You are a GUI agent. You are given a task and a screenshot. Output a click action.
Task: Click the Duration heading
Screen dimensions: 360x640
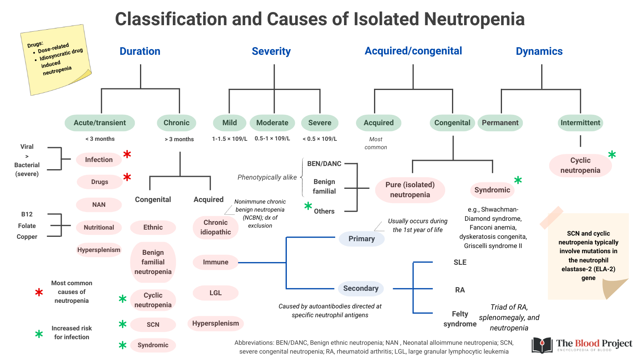point(140,51)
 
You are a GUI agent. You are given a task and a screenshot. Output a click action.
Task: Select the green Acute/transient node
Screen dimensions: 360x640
point(100,123)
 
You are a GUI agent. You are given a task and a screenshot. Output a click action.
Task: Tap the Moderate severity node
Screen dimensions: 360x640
point(272,123)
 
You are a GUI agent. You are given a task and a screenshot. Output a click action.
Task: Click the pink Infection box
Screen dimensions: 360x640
point(99,160)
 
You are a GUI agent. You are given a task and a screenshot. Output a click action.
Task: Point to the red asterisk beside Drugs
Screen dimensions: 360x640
point(127,177)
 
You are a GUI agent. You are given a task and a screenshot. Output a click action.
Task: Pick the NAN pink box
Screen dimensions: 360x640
point(99,204)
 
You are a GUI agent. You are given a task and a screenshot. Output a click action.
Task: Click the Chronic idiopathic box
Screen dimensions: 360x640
point(216,227)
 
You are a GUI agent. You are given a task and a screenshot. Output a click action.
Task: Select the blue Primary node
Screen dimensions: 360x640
point(362,239)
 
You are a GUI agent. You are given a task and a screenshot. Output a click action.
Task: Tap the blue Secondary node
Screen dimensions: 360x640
point(360,288)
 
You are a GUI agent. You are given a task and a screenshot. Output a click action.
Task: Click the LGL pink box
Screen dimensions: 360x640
point(216,293)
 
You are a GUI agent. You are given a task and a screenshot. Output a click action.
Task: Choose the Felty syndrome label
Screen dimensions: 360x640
point(460,319)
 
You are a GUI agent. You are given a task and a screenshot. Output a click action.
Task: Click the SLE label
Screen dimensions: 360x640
point(460,262)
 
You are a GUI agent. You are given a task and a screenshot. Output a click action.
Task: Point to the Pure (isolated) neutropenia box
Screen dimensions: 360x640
point(410,190)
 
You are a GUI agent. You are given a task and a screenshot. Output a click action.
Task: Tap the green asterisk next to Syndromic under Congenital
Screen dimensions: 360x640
point(518,180)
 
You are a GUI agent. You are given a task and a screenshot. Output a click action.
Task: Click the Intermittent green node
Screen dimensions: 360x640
point(580,123)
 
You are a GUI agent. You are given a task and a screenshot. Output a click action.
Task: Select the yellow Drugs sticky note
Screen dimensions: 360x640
point(56,60)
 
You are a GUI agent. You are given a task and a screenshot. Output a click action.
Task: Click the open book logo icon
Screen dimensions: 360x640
point(542,345)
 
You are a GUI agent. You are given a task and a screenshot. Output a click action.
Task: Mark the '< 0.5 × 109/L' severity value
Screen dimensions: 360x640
point(320,139)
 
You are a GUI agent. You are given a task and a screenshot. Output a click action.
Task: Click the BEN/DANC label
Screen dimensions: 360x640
point(324,164)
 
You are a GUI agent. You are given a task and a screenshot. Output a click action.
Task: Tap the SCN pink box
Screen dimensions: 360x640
point(153,324)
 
